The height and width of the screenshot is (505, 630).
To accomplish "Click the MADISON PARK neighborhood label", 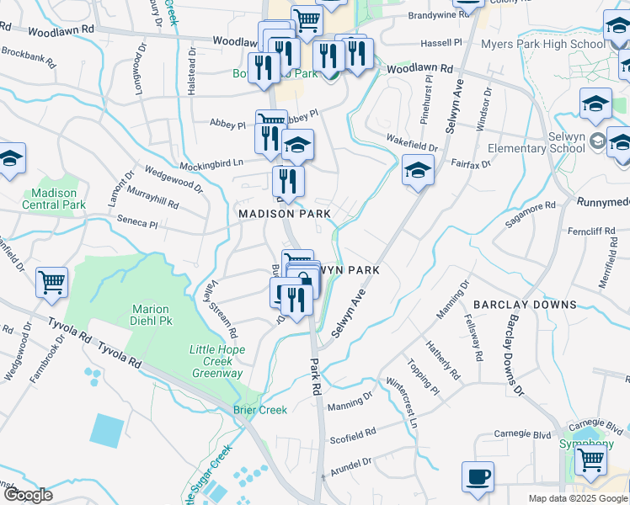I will (x=285, y=214).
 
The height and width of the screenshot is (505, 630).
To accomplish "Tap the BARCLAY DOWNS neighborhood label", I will (x=524, y=304).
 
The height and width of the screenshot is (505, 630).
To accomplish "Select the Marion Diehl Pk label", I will (x=151, y=315).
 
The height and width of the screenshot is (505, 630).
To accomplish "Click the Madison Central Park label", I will (x=54, y=199).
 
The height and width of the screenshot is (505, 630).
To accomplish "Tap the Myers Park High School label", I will (x=542, y=45).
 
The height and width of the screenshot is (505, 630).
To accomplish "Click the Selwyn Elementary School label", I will (x=547, y=142).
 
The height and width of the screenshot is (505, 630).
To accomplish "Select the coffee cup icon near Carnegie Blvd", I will (x=478, y=476).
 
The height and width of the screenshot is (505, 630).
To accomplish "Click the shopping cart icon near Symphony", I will (x=590, y=460).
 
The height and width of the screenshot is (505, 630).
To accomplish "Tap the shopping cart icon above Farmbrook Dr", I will (x=51, y=282).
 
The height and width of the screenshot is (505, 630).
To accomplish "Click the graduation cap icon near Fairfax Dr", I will (x=418, y=170).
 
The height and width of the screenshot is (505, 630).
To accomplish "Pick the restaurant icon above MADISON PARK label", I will (x=288, y=180).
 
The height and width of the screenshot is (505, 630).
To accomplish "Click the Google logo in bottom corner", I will (x=28, y=495).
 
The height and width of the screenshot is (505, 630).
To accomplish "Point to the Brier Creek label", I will (x=260, y=410).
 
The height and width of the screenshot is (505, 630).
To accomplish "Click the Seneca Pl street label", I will (x=141, y=224).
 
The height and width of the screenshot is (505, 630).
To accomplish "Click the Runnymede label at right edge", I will (x=603, y=202).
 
